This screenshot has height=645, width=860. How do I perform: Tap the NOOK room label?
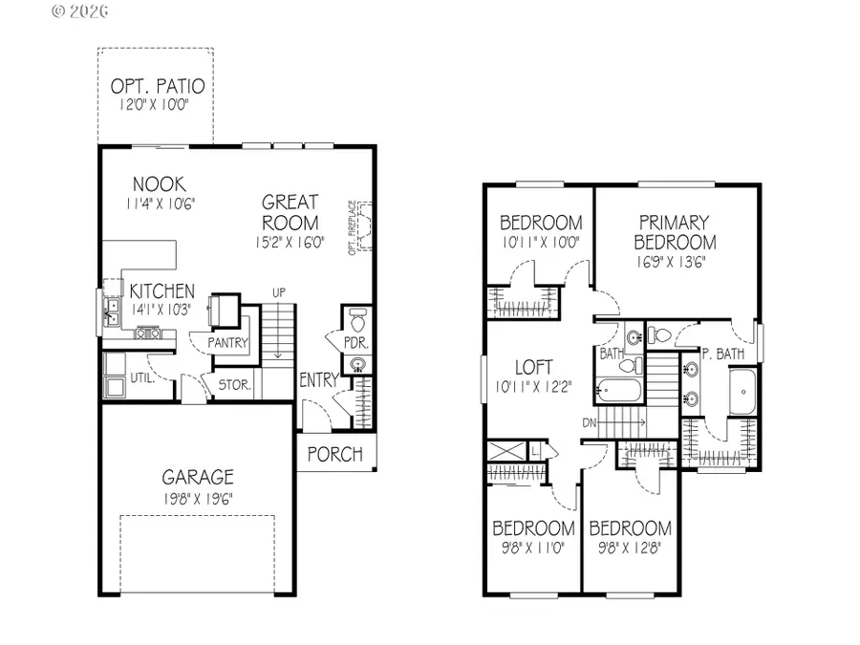tap(159, 184)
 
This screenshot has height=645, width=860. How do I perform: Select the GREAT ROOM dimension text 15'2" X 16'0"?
tap(290, 243)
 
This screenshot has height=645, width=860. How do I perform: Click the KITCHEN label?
tap(162, 291)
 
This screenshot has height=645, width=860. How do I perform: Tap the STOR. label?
tap(234, 386)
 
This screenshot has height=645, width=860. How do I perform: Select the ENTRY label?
tap(318, 380)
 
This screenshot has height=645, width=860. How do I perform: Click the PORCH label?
tap(335, 453)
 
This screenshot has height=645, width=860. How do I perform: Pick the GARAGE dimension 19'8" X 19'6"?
tap(197, 497)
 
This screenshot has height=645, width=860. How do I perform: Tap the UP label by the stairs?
tap(278, 291)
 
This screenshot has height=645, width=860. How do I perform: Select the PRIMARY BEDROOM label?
tap(674, 232)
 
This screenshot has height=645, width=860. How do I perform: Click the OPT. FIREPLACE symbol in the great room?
tap(363, 229)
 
